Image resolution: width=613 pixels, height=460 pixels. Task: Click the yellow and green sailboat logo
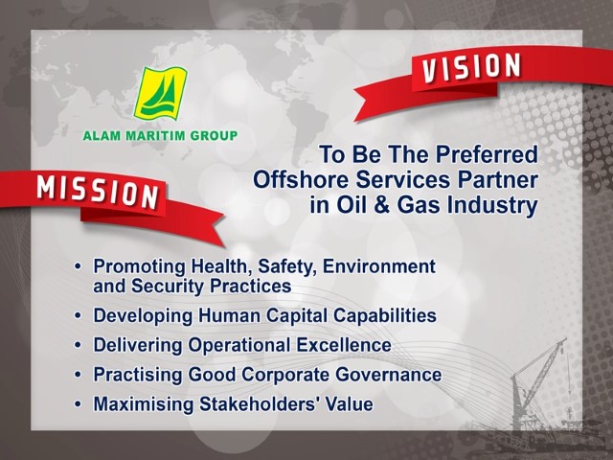160,94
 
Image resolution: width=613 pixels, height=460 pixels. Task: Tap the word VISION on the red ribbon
471,67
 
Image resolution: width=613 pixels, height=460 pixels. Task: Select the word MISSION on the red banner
98,192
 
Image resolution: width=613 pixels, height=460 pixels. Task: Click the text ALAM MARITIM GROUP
160,136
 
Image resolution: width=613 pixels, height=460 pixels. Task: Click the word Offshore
301,179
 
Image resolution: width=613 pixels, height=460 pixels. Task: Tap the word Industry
492,207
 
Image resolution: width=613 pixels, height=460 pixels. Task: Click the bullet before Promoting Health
79,266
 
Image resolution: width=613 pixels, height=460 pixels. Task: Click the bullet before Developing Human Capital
79,315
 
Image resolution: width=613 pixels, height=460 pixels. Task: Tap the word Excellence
344,345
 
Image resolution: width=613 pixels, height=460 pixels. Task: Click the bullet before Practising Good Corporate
79,375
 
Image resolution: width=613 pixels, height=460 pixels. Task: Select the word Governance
389,375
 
